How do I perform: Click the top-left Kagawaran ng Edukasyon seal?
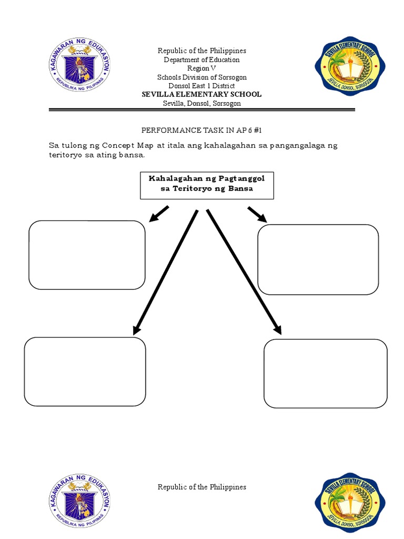(79, 66)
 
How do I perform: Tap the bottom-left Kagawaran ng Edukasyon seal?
(79, 500)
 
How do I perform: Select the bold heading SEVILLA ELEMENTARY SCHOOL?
(202, 94)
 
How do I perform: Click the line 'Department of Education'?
(202, 60)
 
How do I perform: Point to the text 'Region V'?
(202, 68)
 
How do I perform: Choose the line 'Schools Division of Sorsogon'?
(202, 77)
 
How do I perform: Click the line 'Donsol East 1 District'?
(202, 86)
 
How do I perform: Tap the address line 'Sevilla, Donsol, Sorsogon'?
(202, 103)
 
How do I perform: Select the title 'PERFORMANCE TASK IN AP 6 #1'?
(202, 129)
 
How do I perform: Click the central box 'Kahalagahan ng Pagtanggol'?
(207, 184)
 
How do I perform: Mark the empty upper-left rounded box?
(87, 255)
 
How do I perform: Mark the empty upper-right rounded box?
(318, 259)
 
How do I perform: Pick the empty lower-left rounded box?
(85, 372)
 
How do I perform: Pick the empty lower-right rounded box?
(326, 373)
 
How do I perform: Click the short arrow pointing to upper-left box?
(159, 214)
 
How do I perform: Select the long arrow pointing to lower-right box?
(244, 271)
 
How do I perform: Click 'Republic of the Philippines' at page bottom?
(202, 487)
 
